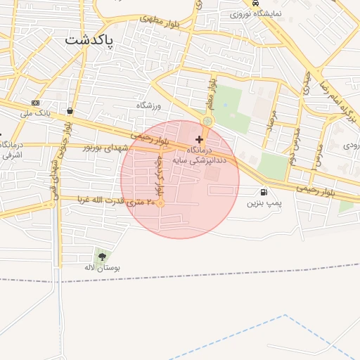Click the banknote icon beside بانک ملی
35,103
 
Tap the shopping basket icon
70,111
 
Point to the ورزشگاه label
149,105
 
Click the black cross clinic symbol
200,140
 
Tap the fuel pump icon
264,191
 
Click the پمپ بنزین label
264,202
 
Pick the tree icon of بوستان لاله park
103,257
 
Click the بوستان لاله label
103,268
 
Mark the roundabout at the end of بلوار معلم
207,122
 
